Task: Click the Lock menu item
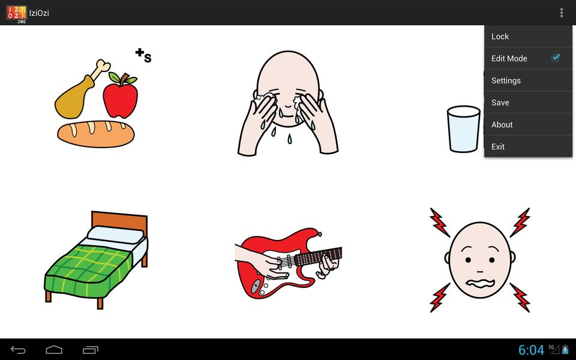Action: pyautogui.click(x=528, y=37)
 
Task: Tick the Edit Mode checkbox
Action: pyautogui.click(x=555, y=58)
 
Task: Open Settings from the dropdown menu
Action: pyautogui.click(x=528, y=80)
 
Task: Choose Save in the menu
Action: pyautogui.click(x=528, y=103)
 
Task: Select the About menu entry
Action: pyautogui.click(x=528, y=125)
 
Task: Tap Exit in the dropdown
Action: pyautogui.click(x=528, y=146)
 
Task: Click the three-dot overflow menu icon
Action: pyautogui.click(x=562, y=13)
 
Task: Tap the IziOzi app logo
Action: pyautogui.click(x=17, y=14)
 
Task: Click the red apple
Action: pyautogui.click(x=121, y=96)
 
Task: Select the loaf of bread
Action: pyautogui.click(x=96, y=134)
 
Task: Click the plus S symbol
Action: pyautogui.click(x=143, y=55)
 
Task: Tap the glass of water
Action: pyautogui.click(x=464, y=129)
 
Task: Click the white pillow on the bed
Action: pyautogui.click(x=116, y=235)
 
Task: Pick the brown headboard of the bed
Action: pyautogui.click(x=119, y=221)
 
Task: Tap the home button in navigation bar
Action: pyautogui.click(x=54, y=350)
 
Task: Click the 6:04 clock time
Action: pyautogui.click(x=531, y=350)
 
